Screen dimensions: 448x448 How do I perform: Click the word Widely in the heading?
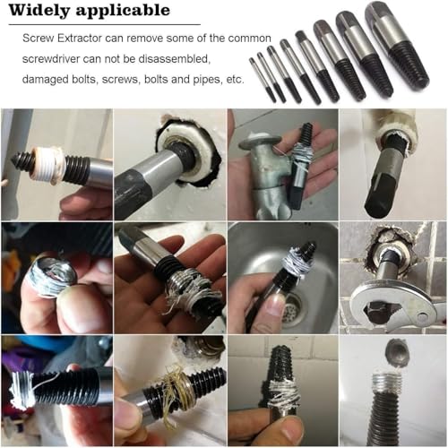(39, 11)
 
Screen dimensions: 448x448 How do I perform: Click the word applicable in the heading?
(123, 11)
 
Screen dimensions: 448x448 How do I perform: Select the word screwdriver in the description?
(51, 59)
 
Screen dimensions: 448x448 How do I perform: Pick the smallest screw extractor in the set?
(262, 79)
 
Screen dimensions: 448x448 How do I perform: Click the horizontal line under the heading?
(105, 24)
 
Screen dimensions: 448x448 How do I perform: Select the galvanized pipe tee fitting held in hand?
(270, 177)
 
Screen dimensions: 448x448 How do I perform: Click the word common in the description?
(249, 39)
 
